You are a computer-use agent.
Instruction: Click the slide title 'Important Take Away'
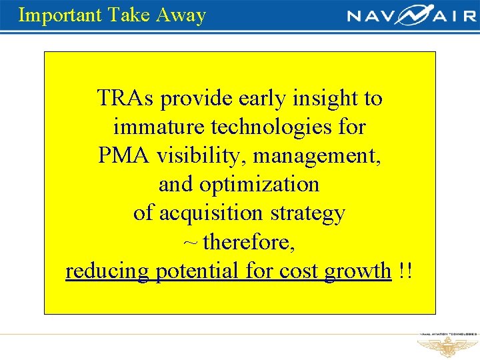tap(112, 15)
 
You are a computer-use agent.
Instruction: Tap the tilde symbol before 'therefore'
tap(190, 242)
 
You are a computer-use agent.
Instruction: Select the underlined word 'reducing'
tap(107, 271)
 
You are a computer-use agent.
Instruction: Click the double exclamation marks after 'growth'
tap(405, 271)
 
